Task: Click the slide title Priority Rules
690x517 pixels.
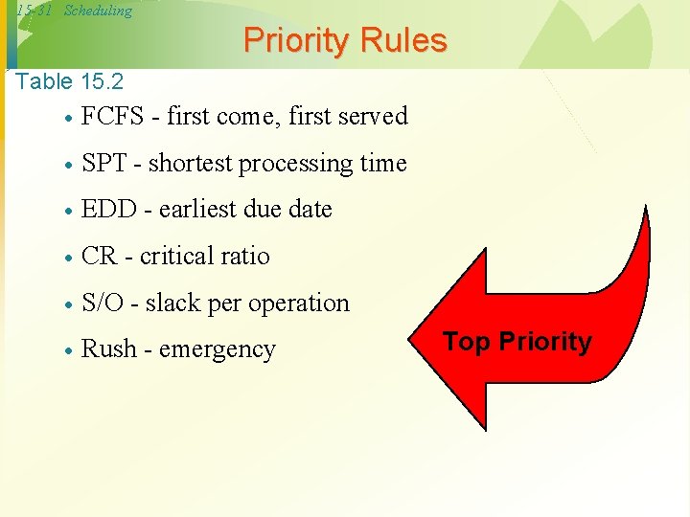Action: pyautogui.click(x=345, y=40)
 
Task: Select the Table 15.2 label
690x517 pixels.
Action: pyautogui.click(x=70, y=81)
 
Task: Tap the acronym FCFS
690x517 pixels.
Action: pyautogui.click(x=112, y=117)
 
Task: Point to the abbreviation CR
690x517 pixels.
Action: pyautogui.click(x=99, y=257)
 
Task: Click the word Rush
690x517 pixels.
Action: pyautogui.click(x=108, y=349)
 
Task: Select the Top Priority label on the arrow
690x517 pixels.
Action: pyautogui.click(x=517, y=342)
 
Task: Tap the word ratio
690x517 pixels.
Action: pyautogui.click(x=245, y=257)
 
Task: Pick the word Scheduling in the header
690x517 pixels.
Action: pyautogui.click(x=98, y=11)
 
